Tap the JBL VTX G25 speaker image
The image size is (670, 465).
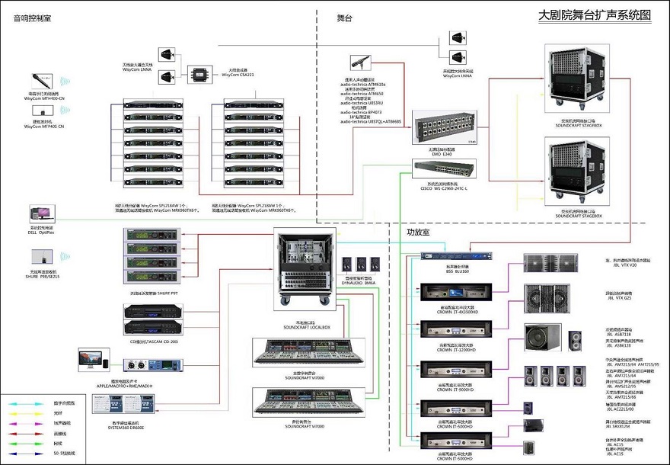click(x=543, y=299)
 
